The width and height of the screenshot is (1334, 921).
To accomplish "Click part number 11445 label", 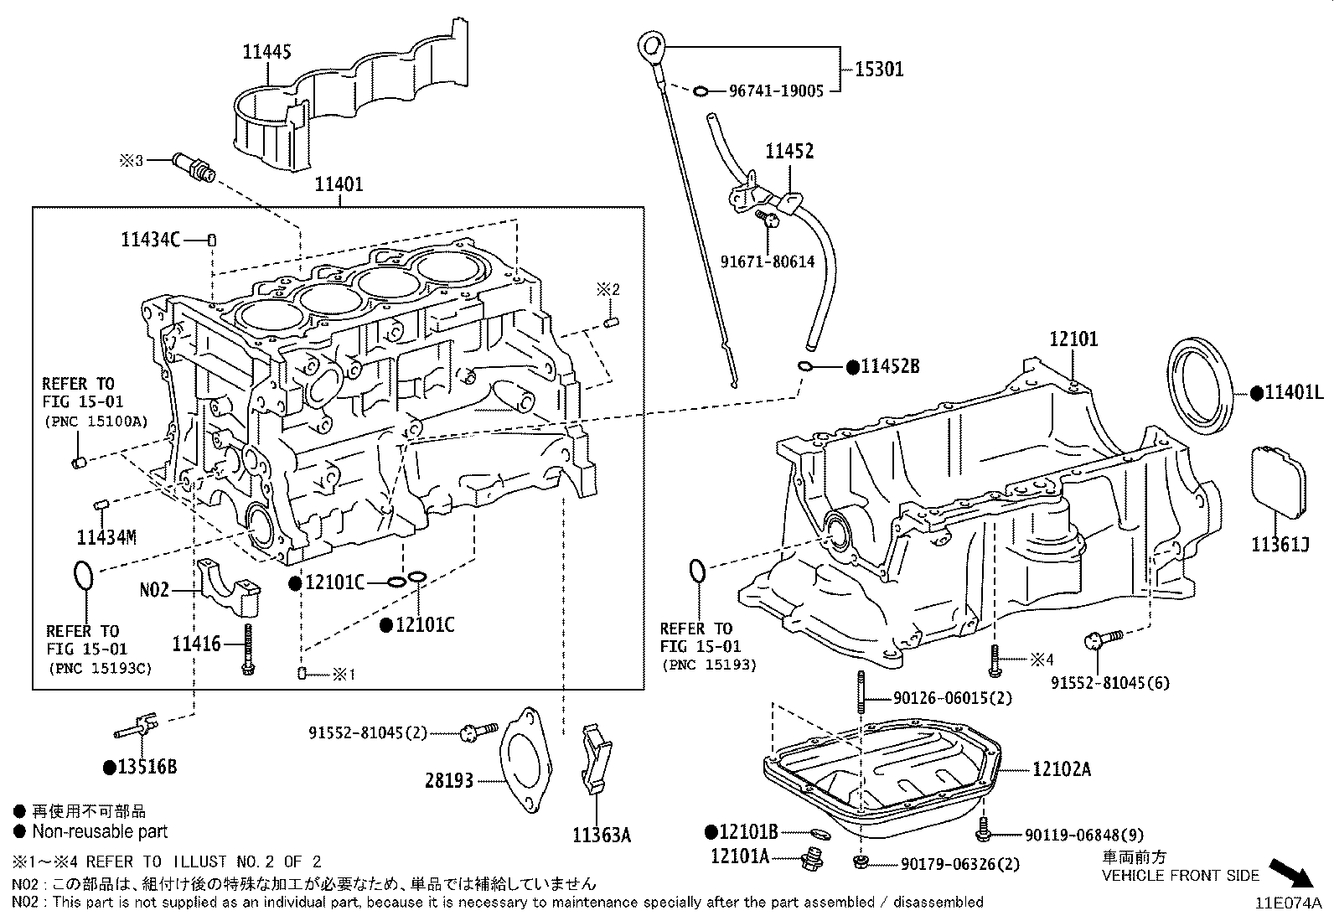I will coord(267,52).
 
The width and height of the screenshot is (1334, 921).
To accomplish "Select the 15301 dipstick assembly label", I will coord(879,69).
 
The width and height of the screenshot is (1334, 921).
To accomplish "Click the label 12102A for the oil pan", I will coord(1062,769).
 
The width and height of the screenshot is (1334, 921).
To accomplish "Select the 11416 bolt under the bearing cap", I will coord(248,649).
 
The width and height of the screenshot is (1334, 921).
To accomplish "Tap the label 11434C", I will coord(150,241).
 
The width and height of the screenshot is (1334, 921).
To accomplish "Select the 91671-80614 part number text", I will coord(768,261).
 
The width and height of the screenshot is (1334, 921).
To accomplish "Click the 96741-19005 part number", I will coord(776,91).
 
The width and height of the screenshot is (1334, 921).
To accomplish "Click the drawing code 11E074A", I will coord(1287,903).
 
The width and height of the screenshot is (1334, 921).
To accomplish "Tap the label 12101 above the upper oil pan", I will coord(1073,339).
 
